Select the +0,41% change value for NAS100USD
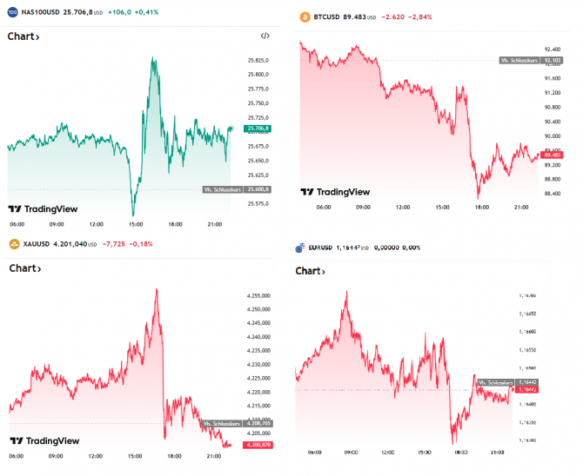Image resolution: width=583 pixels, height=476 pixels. pos(142,12)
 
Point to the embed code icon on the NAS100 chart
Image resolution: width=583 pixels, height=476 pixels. pos(265,36)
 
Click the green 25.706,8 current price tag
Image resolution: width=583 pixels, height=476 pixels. pos(258,129)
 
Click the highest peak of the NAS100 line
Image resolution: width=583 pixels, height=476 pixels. pos(154,58)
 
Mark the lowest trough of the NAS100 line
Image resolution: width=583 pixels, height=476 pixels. pos(133,215)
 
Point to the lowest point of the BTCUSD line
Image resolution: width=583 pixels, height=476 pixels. pos(478,197)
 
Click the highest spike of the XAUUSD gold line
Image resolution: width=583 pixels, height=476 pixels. pos(157,289)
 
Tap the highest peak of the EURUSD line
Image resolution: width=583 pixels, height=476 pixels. pos(346,292)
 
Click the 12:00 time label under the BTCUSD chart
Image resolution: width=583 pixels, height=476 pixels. pos(403,208)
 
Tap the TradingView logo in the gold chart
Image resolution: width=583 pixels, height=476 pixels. pos(44,440)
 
